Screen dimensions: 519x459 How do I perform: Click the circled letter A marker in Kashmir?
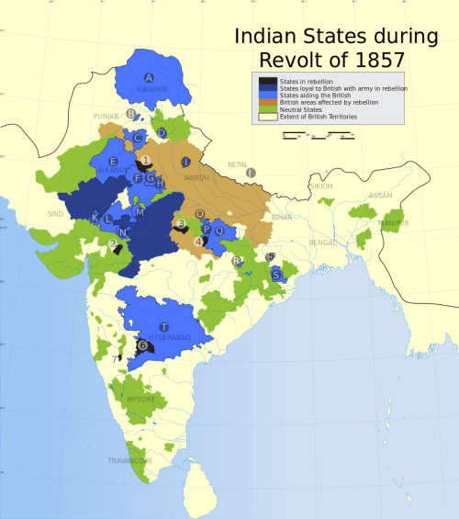pos(150,77)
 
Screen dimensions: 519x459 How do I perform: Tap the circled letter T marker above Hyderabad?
pos(163,327)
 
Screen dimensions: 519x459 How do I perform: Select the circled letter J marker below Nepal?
pos(250,172)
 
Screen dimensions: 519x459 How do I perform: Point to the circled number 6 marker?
pos(142,345)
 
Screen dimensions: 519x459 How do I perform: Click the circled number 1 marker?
pos(146,161)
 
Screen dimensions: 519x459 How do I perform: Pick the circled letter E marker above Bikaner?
pos(113,162)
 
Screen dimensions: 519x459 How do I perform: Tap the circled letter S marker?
pos(275,275)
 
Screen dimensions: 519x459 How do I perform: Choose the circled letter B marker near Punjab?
pos(132,115)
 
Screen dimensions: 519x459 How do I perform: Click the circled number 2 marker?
pos(113,243)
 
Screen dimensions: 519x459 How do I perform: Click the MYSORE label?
pos(140,400)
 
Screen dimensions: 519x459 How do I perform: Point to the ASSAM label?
pos(380,196)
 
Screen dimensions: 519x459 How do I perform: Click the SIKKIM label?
pos(321,186)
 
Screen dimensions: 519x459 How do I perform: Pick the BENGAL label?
pos(323,243)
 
